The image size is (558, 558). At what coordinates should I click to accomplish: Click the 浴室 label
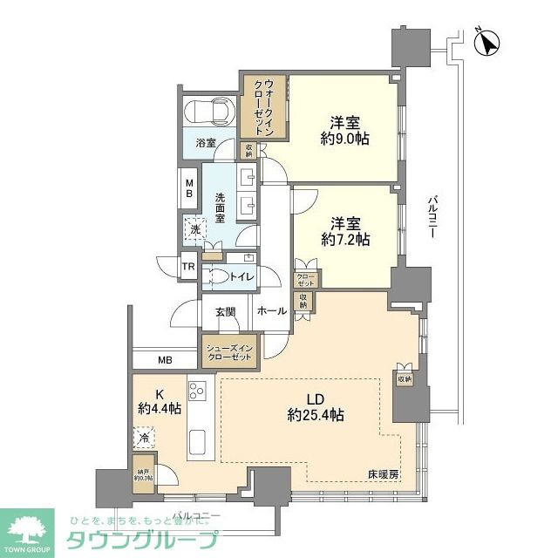tap(206, 142)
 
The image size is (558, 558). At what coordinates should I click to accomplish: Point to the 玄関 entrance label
tap(226, 311)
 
